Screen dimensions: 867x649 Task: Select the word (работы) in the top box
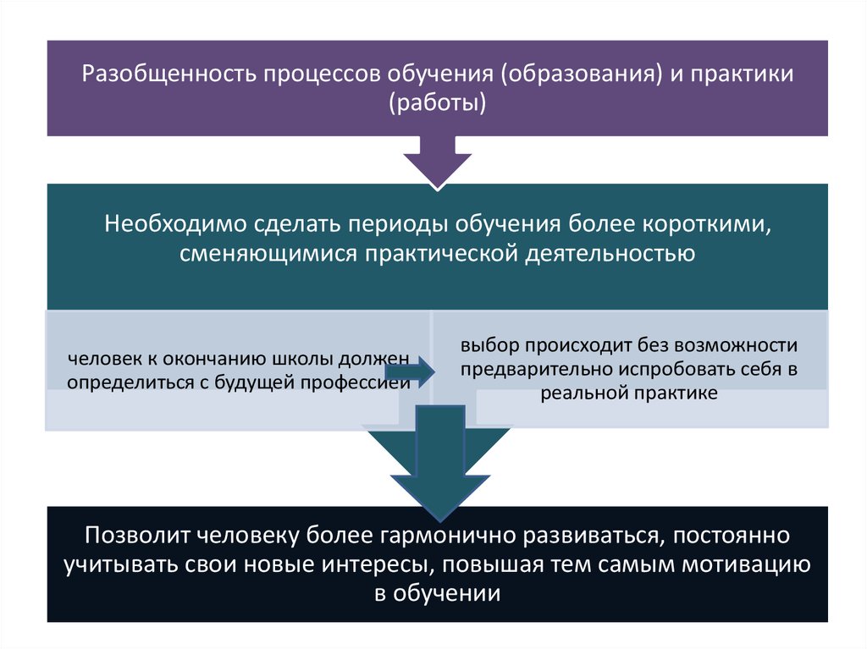point(438,103)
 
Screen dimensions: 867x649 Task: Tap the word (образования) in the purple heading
point(582,74)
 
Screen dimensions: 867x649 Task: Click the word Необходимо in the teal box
point(175,224)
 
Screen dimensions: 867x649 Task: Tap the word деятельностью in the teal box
point(610,254)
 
